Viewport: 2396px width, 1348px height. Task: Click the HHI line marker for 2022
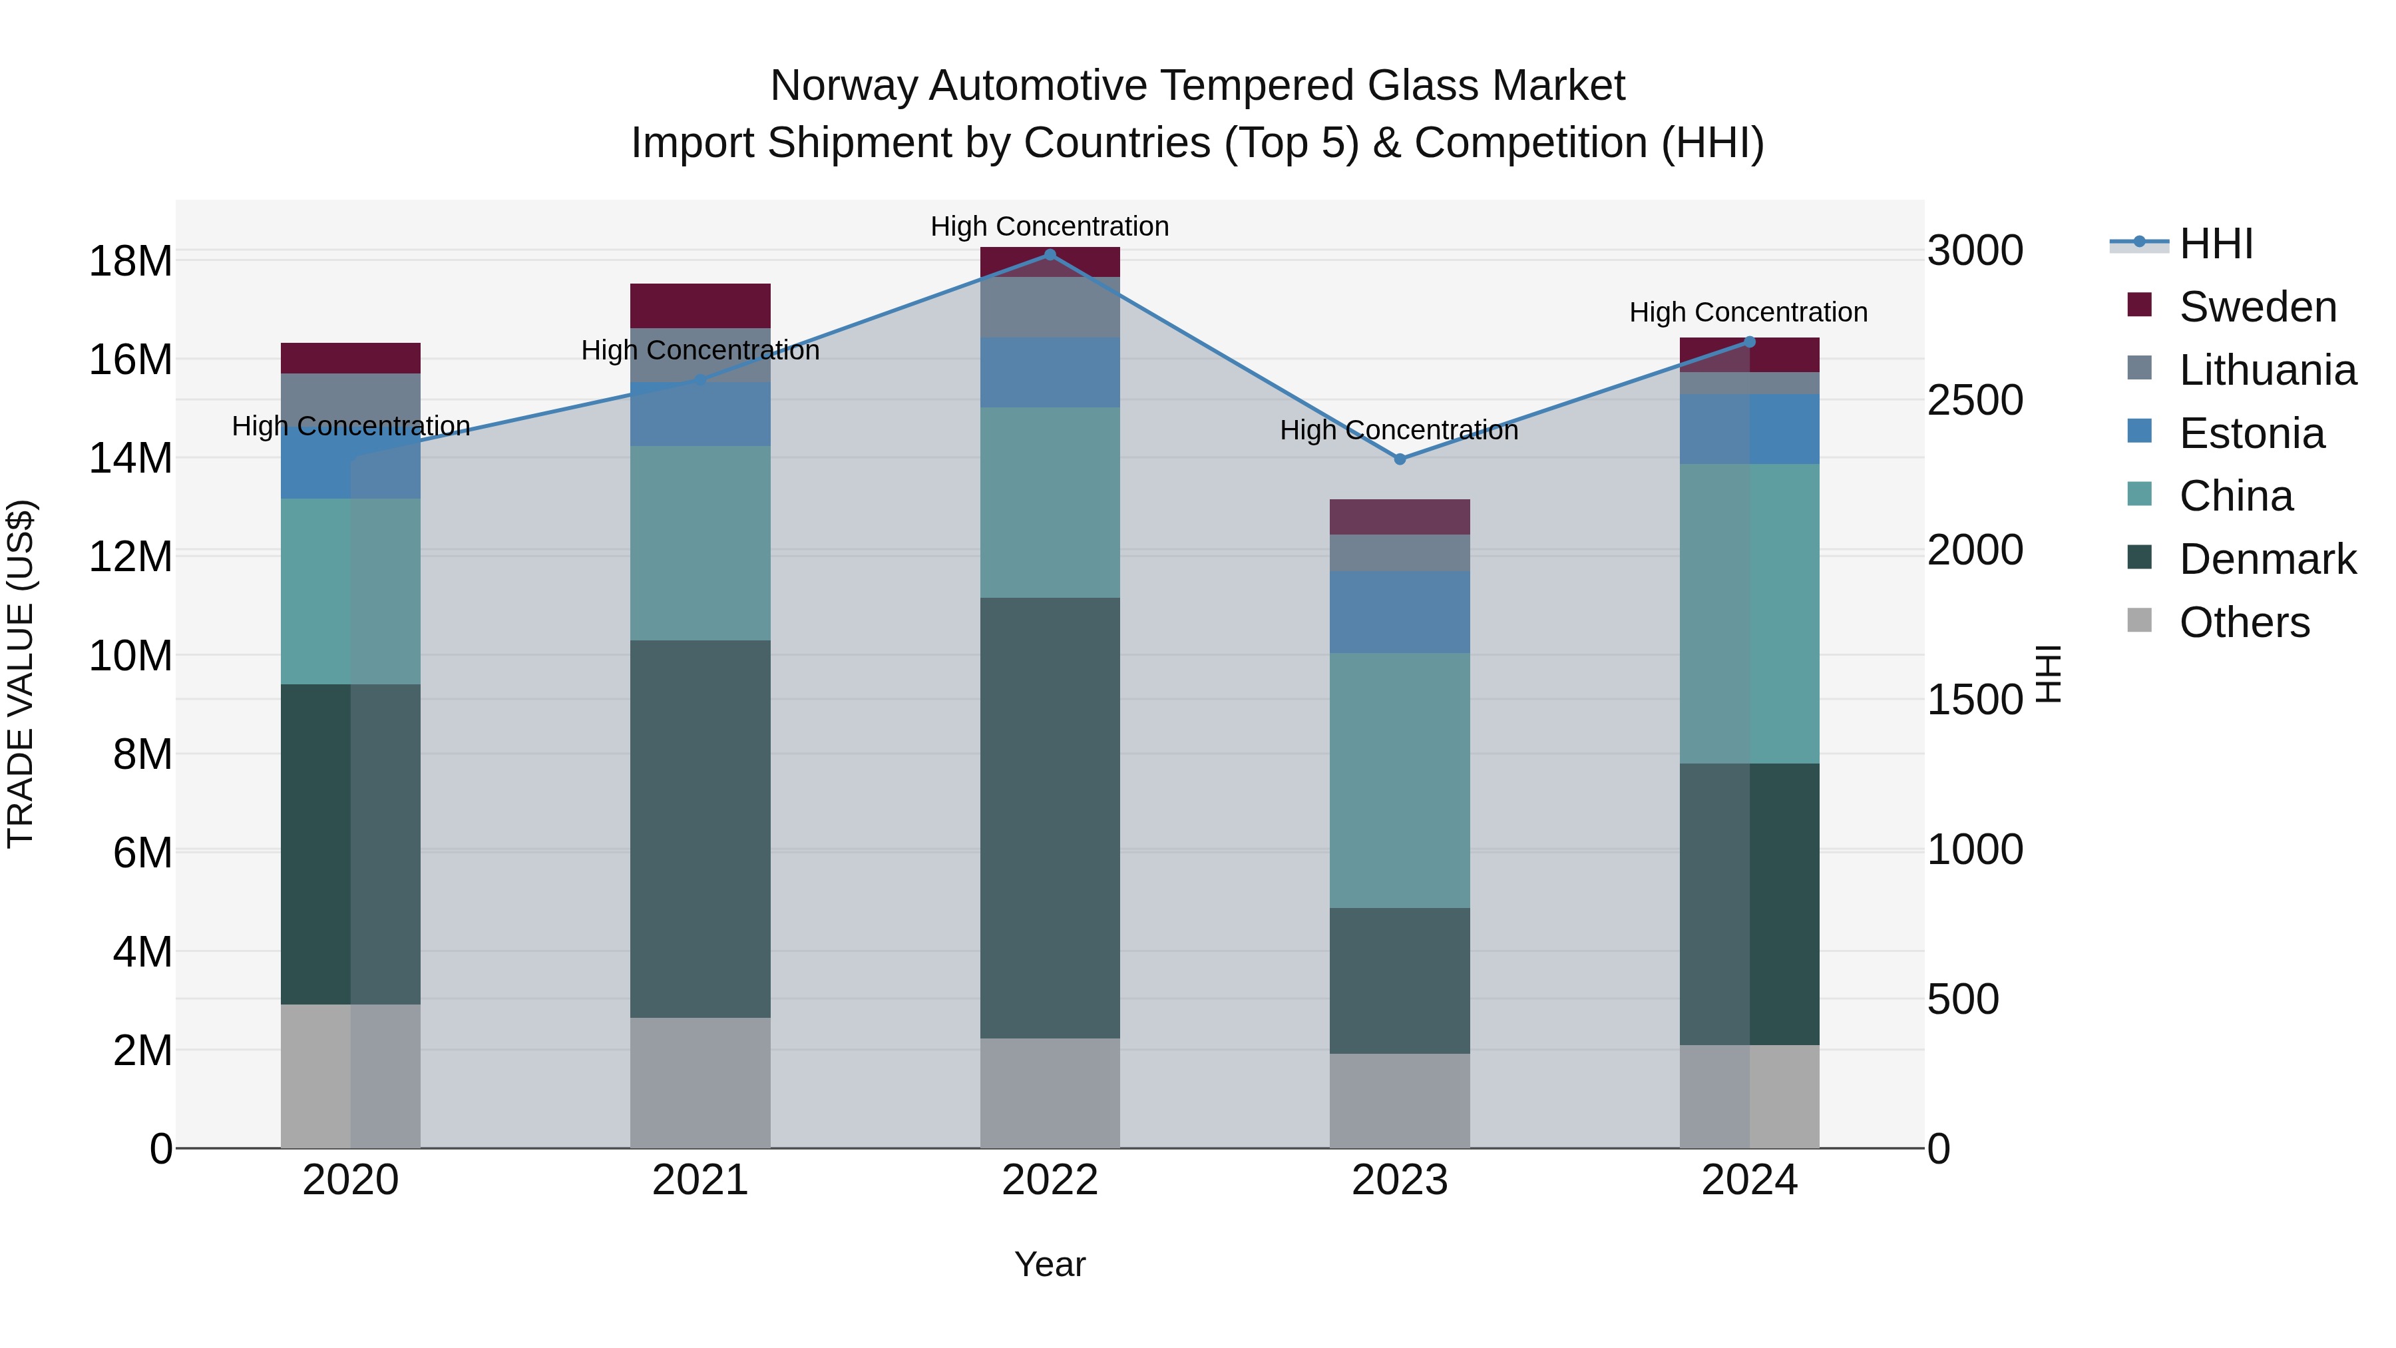pyautogui.click(x=1050, y=254)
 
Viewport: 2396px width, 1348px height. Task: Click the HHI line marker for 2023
pyautogui.click(x=1400, y=459)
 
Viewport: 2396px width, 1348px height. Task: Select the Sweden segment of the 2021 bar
pyautogui.click(x=700, y=305)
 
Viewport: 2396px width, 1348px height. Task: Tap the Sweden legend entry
pyautogui.click(x=2258, y=307)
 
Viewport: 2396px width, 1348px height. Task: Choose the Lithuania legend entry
pyautogui.click(x=2267, y=370)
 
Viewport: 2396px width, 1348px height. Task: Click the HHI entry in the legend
pyautogui.click(x=2216, y=244)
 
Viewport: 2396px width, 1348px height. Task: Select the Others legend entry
pyautogui.click(x=2244, y=622)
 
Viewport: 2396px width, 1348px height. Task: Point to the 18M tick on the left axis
pyautogui.click(x=130, y=260)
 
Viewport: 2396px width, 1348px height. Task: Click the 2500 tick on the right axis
pyautogui.click(x=1975, y=400)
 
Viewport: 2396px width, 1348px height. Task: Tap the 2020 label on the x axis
pyautogui.click(x=351, y=1180)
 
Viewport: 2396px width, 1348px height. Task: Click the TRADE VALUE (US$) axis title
pyautogui.click(x=21, y=674)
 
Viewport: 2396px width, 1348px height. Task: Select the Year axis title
pyautogui.click(x=1050, y=1264)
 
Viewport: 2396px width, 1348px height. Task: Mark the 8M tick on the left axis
pyautogui.click(x=142, y=754)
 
